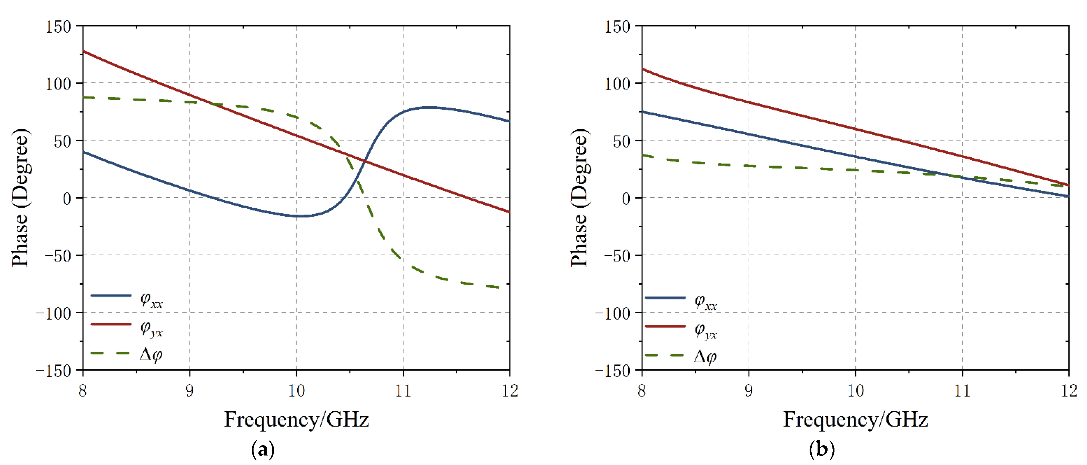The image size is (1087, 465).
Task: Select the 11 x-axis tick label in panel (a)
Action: point(403,391)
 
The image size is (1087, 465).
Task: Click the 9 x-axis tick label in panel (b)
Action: point(749,391)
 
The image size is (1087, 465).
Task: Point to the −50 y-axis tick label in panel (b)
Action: point(617,256)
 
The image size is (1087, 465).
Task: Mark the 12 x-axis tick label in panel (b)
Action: point(1069,391)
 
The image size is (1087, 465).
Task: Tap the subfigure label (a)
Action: point(263,449)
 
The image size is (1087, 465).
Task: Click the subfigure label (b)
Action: point(821,449)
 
